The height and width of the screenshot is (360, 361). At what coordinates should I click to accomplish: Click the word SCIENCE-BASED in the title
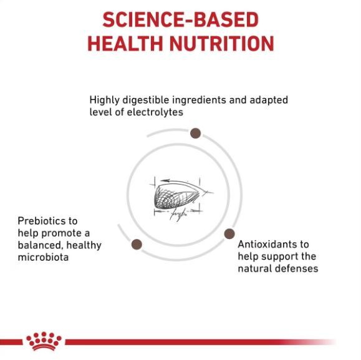pyautogui.click(x=181, y=20)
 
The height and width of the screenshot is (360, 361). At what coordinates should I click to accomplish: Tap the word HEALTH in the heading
pyautogui.click(x=125, y=44)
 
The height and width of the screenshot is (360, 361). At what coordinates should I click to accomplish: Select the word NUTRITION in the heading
pyautogui.click(x=222, y=44)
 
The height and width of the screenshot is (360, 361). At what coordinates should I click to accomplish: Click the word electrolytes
pyautogui.click(x=155, y=112)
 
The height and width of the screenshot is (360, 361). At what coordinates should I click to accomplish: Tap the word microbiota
pyautogui.click(x=43, y=257)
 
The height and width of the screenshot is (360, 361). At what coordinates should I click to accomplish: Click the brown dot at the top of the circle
pyautogui.click(x=196, y=134)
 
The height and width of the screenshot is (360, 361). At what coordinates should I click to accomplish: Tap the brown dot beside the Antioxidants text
pyautogui.click(x=229, y=234)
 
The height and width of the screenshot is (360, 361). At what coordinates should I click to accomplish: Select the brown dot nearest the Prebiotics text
pyautogui.click(x=137, y=244)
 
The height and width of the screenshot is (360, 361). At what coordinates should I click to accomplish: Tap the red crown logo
pyautogui.click(x=44, y=341)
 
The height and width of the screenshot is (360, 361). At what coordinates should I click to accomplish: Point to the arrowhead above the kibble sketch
pyautogui.click(x=165, y=181)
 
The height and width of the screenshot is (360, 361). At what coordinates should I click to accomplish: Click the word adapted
pyautogui.click(x=269, y=100)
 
